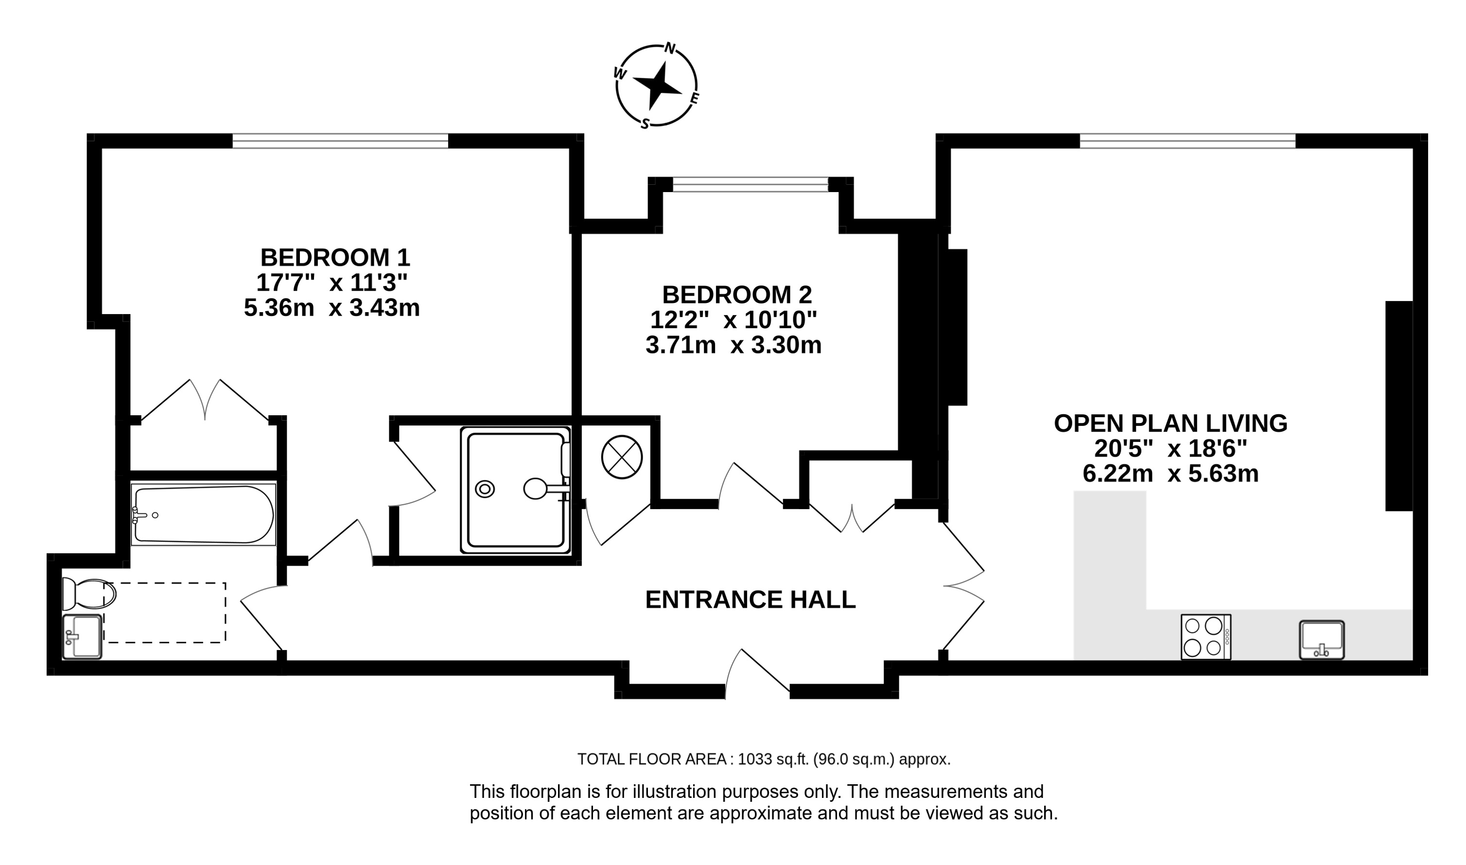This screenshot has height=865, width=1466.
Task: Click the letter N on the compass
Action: coord(670,48)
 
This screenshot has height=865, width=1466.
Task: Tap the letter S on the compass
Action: coord(645,124)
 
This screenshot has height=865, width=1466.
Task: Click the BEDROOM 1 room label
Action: coord(335,257)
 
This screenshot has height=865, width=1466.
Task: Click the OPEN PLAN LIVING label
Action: coord(1170,423)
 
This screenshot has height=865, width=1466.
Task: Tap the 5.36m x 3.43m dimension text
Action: coord(332,308)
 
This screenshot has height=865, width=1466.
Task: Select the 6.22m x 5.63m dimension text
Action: coord(1170,473)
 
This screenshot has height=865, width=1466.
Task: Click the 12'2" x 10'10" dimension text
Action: coord(733,319)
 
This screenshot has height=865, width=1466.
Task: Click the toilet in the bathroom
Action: coord(89,594)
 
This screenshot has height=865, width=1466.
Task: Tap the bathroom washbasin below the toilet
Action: coord(82,636)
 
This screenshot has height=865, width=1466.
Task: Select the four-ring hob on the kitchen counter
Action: coord(1205,637)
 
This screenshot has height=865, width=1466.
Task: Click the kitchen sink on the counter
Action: coord(1322,640)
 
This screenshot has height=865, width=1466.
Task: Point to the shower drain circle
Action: coord(485,489)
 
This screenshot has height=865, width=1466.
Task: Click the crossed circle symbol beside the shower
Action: coord(622,458)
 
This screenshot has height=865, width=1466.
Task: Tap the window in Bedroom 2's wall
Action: coord(750,184)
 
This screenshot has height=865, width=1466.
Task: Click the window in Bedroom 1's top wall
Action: coord(340,141)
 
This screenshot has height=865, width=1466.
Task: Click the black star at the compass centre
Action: coord(658,86)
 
